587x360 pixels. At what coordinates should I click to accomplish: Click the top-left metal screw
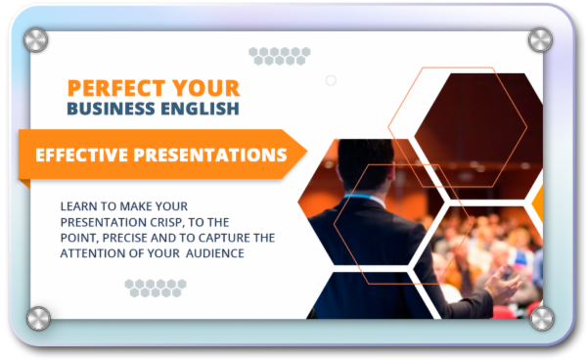(x=36, y=40)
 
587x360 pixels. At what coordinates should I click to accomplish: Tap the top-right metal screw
(x=540, y=40)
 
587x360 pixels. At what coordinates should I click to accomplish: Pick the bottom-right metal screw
(x=540, y=317)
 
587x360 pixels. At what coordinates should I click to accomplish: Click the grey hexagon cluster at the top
(x=279, y=55)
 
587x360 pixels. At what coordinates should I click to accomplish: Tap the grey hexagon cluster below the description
(x=156, y=287)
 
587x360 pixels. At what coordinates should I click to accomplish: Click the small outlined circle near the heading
(x=331, y=80)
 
